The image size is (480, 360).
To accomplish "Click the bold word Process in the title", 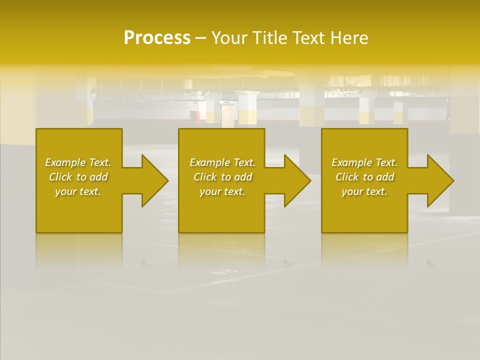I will pyautogui.click(x=157, y=38).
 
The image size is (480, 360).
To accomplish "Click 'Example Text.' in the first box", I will pyautogui.click(x=78, y=162).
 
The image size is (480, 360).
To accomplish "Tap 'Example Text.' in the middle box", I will pyautogui.click(x=222, y=162).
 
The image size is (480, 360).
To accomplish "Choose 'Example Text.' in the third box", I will pyautogui.click(x=364, y=162).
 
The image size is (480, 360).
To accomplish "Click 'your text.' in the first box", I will pyautogui.click(x=78, y=191).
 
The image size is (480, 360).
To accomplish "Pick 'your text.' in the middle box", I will pyautogui.click(x=222, y=191).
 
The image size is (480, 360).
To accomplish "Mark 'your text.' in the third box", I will pyautogui.click(x=364, y=191).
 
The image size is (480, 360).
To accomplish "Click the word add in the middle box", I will pyautogui.click(x=243, y=177).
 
